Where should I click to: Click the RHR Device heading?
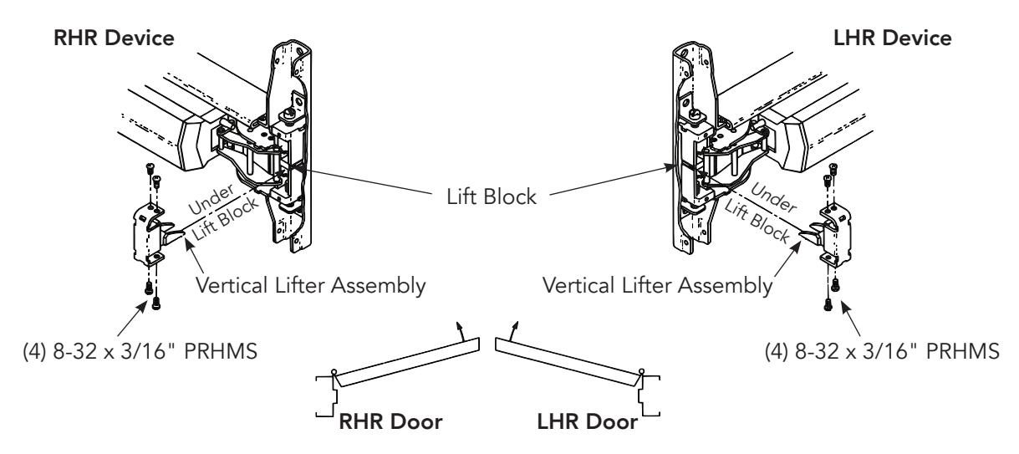pyautogui.click(x=114, y=38)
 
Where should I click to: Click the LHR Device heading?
pyautogui.click(x=893, y=38)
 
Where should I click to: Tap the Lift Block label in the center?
pyautogui.click(x=492, y=197)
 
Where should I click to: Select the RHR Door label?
pyautogui.click(x=390, y=421)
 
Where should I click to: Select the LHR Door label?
pyautogui.click(x=588, y=421)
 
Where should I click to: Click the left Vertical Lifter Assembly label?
pyautogui.click(x=311, y=286)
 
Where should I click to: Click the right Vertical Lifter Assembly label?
pyautogui.click(x=658, y=286)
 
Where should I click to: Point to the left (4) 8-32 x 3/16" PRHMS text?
pyautogui.click(x=140, y=351)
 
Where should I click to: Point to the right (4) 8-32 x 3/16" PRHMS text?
pyautogui.click(x=882, y=351)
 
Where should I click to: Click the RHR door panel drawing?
pyautogui.click(x=406, y=362)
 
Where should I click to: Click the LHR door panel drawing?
pyautogui.click(x=568, y=362)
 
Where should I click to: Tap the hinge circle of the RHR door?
pyautogui.click(x=334, y=372)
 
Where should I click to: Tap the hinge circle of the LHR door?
pyautogui.click(x=642, y=372)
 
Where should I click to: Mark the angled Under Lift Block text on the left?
pyautogui.click(x=223, y=212)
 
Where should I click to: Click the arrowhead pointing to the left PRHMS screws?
pyautogui.click(x=142, y=307)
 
